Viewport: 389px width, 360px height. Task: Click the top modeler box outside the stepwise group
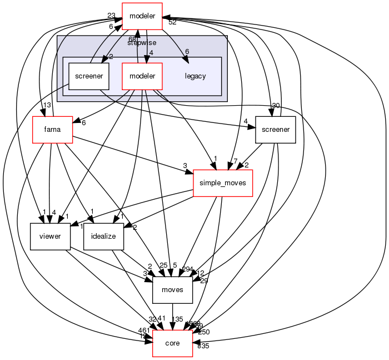coord(142,16)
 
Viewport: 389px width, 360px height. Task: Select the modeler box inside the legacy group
coord(142,76)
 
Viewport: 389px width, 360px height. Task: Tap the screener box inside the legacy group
coord(88,76)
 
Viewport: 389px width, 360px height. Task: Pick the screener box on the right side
coord(275,130)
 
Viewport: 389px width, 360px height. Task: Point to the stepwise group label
coord(142,42)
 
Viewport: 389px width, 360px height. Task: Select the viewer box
coord(50,236)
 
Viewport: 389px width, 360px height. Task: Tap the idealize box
coord(103,236)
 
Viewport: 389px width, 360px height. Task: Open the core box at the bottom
coord(172,343)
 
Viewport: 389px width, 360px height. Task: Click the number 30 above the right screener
coord(275,106)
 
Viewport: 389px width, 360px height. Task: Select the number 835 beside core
coord(203,346)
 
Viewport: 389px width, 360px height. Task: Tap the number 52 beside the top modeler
coord(172,22)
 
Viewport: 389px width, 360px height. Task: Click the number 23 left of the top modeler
coord(111,15)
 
